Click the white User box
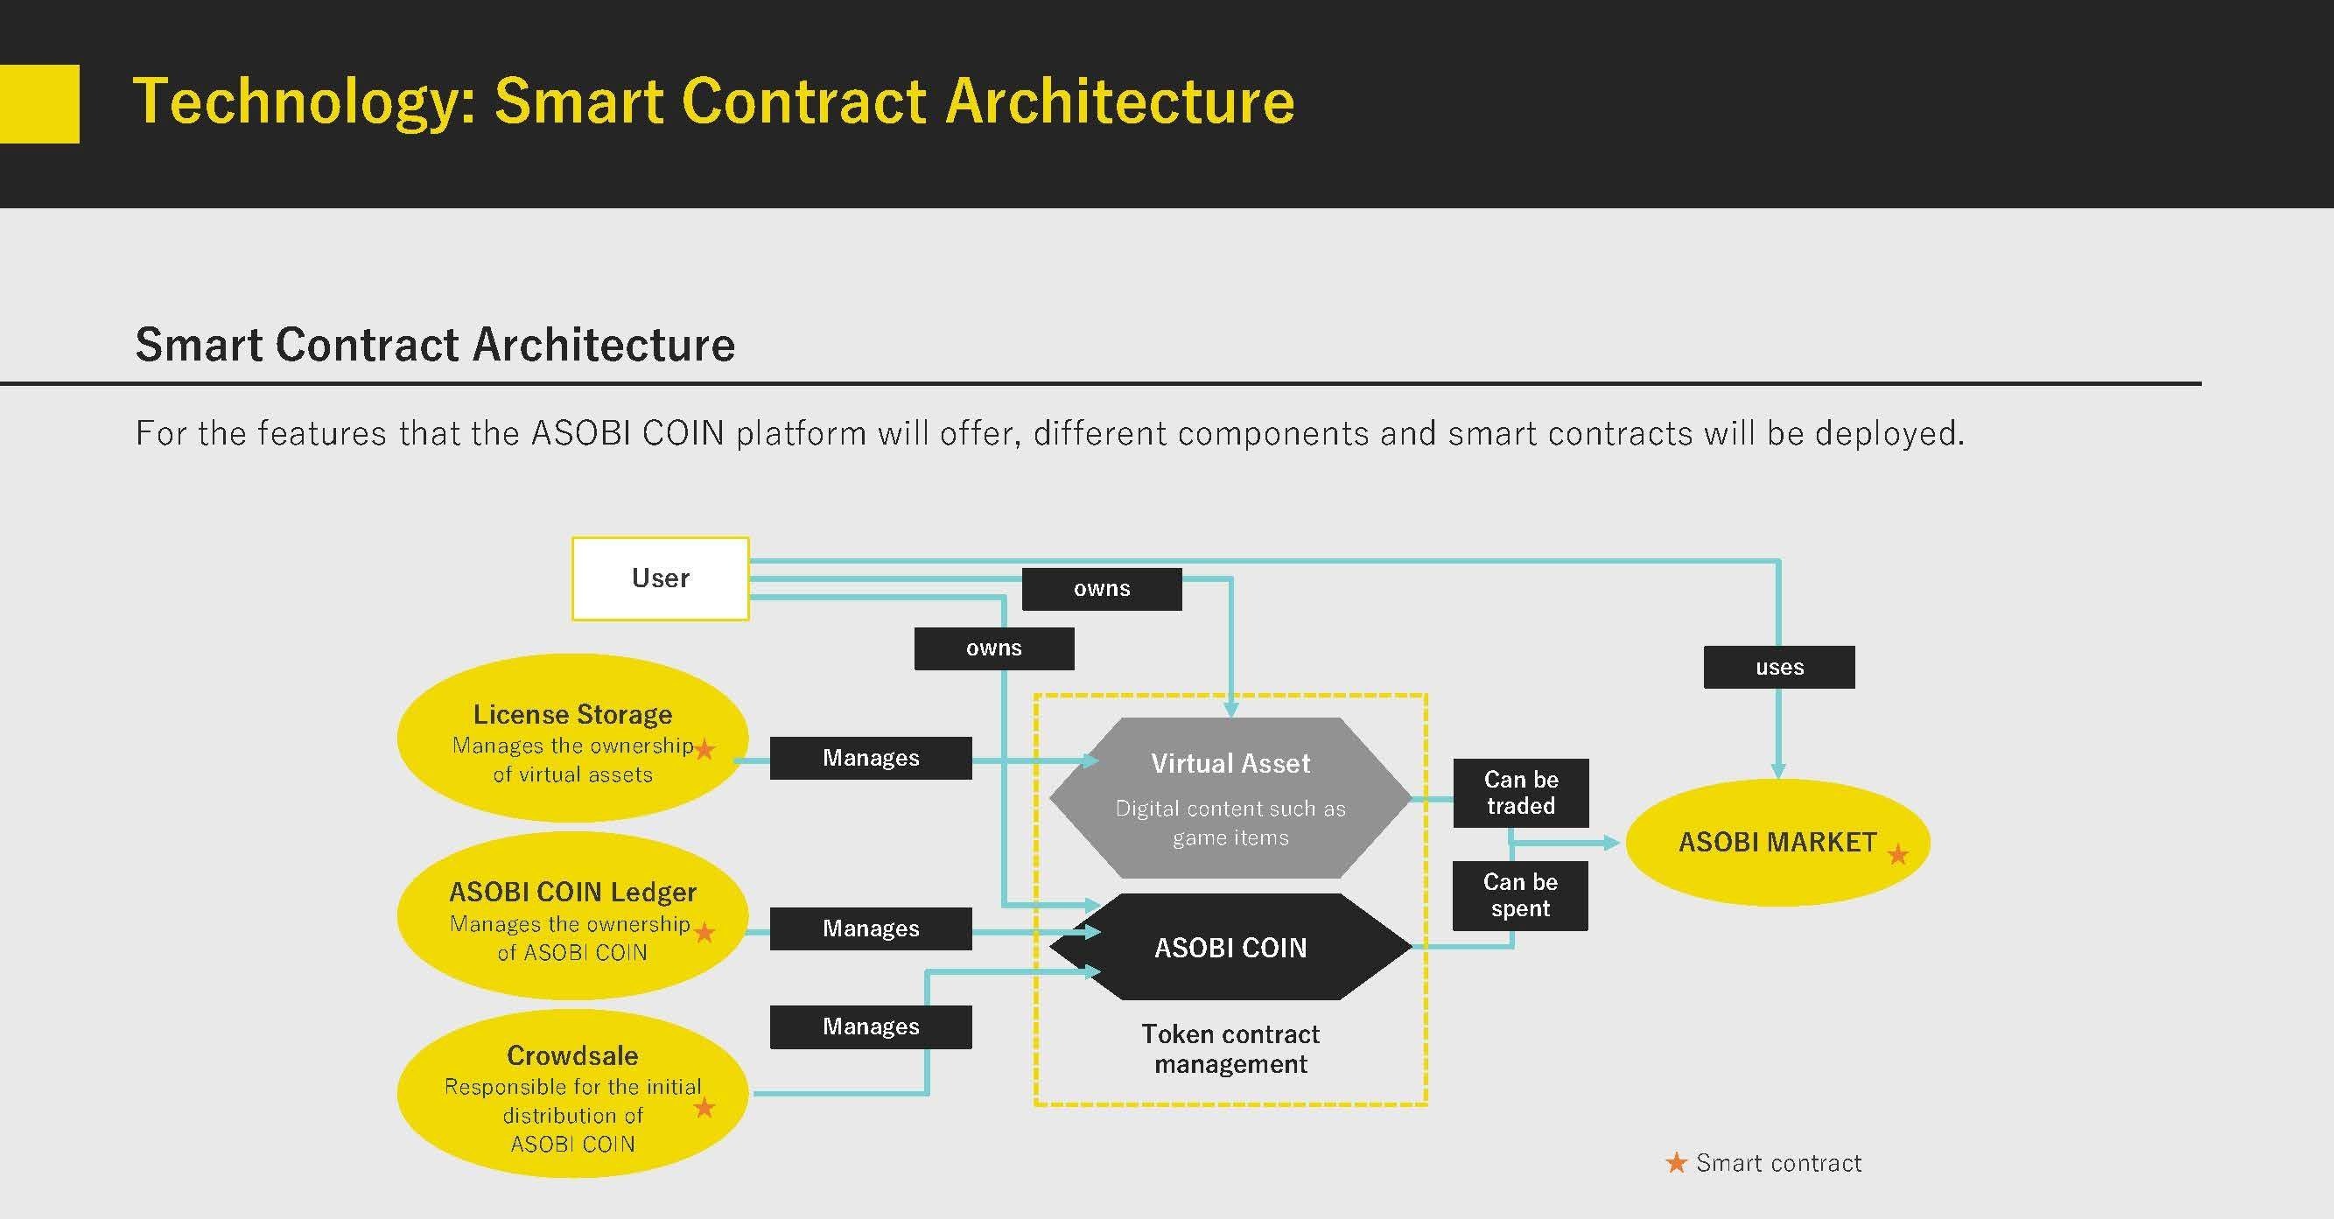click(660, 578)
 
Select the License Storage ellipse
click(572, 738)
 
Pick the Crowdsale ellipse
click(572, 1093)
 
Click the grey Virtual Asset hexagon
click(1230, 797)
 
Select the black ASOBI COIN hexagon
click(1230, 947)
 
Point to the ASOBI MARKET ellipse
click(1777, 842)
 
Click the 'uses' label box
click(1778, 667)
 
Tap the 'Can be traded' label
click(1520, 793)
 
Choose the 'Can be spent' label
click(1519, 895)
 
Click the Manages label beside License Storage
click(871, 758)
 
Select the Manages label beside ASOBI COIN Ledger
click(871, 928)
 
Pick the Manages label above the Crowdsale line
click(871, 1026)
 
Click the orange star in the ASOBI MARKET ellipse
click(1897, 854)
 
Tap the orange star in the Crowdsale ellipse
click(704, 1107)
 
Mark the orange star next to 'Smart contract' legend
click(1676, 1162)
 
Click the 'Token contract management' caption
click(1230, 1048)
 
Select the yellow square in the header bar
click(39, 103)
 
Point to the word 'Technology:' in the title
click(304, 102)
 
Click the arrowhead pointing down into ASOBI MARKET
click(1778, 771)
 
